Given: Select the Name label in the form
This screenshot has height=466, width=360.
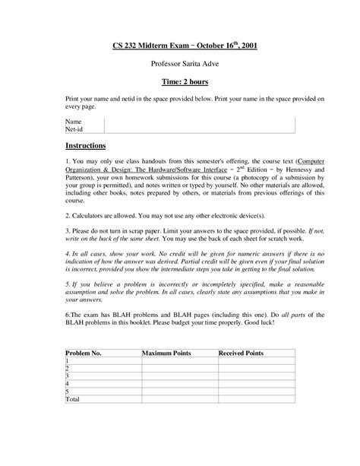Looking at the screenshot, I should coord(74,121).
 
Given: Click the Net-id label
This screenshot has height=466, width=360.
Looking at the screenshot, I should coord(76,128).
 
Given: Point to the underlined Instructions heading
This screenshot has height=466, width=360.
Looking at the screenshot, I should coord(86,145).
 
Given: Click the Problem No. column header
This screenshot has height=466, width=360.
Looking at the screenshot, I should coord(85,353).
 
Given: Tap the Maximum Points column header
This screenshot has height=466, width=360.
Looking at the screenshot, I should coord(169,353).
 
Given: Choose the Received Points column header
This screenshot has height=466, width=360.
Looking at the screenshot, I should coord(242,353).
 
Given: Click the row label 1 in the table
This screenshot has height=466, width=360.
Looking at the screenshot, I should coord(68,361).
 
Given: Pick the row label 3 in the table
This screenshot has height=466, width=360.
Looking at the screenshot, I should coord(68,376).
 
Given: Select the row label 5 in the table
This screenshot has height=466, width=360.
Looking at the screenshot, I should coord(68,390).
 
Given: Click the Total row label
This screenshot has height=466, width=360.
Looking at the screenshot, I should coord(73,398).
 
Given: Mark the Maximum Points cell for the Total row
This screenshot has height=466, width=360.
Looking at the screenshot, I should coord(179,398).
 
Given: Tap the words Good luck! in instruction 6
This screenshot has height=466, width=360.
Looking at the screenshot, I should coord(272,322).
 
